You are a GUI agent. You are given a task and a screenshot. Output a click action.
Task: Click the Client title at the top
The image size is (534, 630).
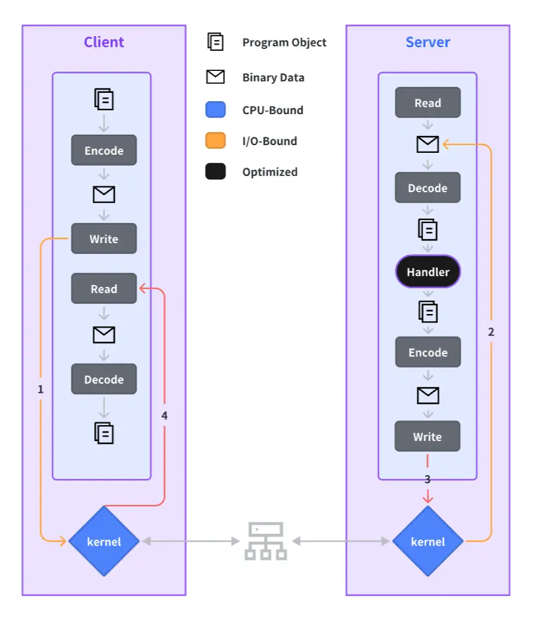pos(104,43)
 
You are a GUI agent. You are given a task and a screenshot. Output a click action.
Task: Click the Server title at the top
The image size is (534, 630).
pos(428,43)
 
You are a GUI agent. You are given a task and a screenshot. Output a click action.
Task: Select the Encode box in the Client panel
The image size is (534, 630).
pos(104,151)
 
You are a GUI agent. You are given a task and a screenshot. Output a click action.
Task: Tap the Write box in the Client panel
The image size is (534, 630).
pos(104,239)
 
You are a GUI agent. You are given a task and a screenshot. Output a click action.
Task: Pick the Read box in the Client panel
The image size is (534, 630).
pos(104,289)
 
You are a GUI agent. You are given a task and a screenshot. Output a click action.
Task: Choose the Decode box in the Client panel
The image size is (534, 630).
pos(104,379)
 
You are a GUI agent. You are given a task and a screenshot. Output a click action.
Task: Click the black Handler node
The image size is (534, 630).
pos(428,271)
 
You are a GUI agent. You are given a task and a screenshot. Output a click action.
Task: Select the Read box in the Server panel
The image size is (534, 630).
pos(428,103)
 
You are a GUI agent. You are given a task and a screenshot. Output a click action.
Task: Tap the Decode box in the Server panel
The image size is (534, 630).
pos(428,188)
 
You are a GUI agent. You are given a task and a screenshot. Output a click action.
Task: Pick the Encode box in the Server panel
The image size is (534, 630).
pos(428,353)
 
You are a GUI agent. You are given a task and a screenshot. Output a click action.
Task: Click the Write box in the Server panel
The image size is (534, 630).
pos(428,437)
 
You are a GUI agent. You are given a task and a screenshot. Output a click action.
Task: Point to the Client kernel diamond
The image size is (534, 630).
pos(104,541)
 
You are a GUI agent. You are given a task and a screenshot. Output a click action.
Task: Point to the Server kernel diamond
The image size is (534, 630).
pos(428,541)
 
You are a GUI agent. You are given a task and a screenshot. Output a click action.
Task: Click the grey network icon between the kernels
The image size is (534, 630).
pos(265,541)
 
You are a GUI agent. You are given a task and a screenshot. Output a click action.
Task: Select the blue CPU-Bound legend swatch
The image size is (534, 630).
pos(215,110)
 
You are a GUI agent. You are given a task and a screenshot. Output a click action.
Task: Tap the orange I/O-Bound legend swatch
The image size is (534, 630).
pos(215,141)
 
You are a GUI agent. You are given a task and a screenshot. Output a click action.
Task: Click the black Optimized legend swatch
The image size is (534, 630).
pos(215,172)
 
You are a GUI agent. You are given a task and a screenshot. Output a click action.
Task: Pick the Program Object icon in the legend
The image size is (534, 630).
pos(215,43)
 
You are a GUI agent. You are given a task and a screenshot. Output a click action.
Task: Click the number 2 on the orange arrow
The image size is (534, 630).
pos(491,333)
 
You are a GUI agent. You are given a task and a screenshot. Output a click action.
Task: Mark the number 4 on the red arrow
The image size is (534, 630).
pos(164,416)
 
